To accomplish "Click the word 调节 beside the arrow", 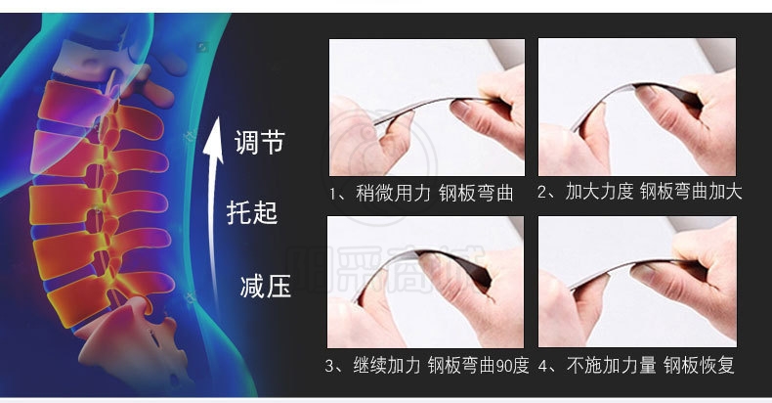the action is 259,143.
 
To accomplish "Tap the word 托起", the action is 252,213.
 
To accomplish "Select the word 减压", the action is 266,286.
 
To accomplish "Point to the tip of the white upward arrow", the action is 215,118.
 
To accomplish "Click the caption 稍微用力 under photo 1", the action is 394,193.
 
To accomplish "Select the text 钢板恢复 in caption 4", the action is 699,366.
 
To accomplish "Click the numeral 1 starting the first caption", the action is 333,194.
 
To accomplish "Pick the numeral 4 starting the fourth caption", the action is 542,367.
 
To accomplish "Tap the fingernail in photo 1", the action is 461,109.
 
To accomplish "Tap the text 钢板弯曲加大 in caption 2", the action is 691,192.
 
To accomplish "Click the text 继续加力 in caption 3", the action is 387,366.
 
